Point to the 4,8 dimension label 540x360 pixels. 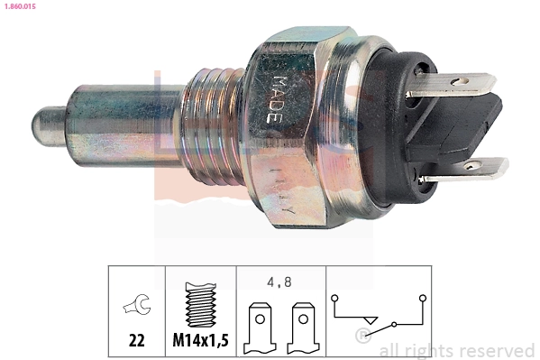coord(279,281)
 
